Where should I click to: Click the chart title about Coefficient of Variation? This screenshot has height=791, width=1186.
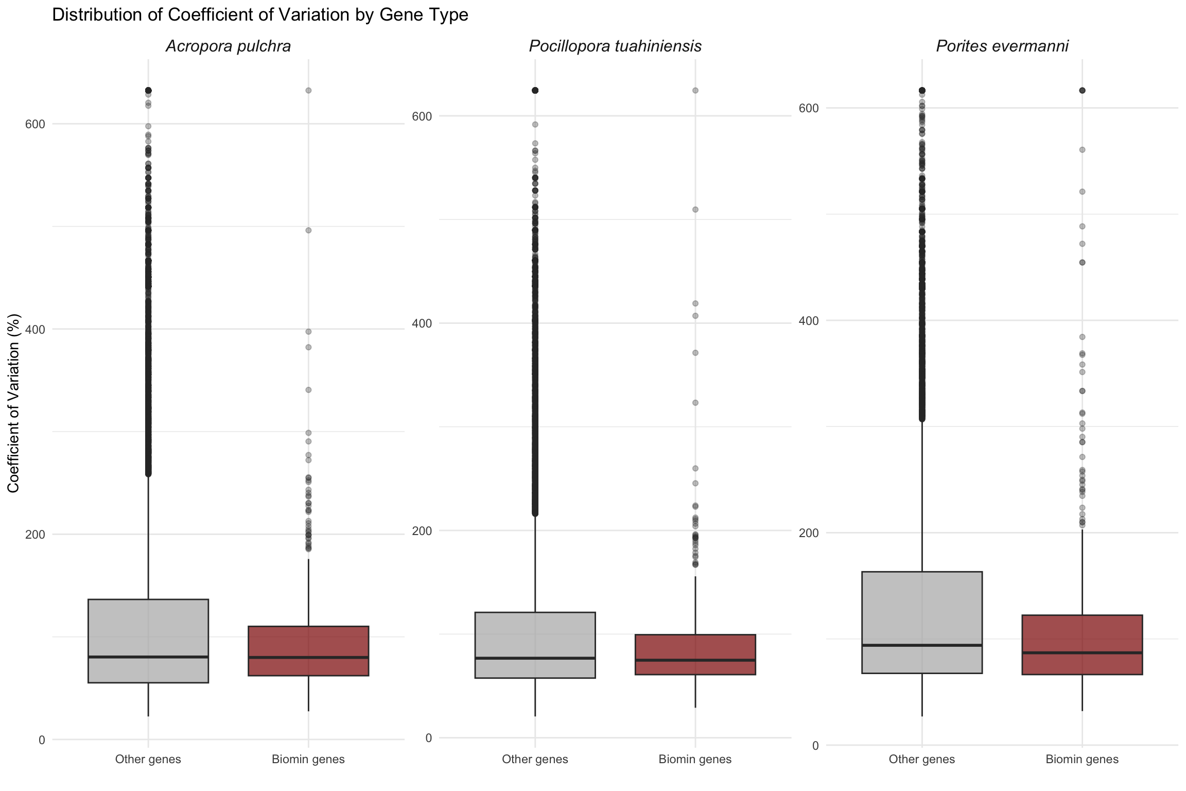pyautogui.click(x=260, y=15)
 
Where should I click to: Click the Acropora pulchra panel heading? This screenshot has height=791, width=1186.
pyautogui.click(x=228, y=46)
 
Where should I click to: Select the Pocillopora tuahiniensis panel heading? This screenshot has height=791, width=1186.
pyautogui.click(x=615, y=46)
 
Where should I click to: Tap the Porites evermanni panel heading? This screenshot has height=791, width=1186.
pyautogui.click(x=1002, y=46)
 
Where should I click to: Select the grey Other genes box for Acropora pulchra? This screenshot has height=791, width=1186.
pyautogui.click(x=148, y=628)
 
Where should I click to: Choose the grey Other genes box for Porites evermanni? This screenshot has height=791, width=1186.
pyautogui.click(x=922, y=608)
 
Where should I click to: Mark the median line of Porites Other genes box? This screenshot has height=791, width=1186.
pyautogui.click(x=922, y=645)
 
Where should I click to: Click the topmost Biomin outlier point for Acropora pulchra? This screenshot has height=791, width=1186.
pyautogui.click(x=308, y=91)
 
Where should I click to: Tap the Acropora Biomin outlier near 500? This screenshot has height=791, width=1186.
pyautogui.click(x=308, y=230)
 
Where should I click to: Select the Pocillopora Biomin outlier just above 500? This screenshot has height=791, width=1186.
pyautogui.click(x=695, y=210)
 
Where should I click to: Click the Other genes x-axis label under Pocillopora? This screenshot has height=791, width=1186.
pyautogui.click(x=535, y=759)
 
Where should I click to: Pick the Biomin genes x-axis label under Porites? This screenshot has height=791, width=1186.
pyautogui.click(x=1082, y=759)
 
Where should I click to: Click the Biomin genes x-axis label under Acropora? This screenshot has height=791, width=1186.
pyautogui.click(x=308, y=759)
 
